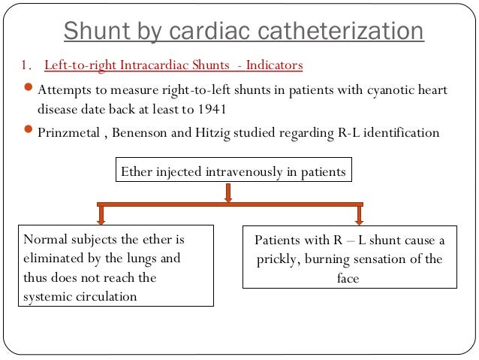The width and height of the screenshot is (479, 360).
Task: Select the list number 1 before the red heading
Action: [x=23, y=66]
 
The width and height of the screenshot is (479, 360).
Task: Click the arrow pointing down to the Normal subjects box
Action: [x=101, y=215]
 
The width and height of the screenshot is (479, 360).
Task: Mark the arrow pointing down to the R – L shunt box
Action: [x=360, y=215]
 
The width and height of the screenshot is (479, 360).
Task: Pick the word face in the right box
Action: [x=348, y=278]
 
